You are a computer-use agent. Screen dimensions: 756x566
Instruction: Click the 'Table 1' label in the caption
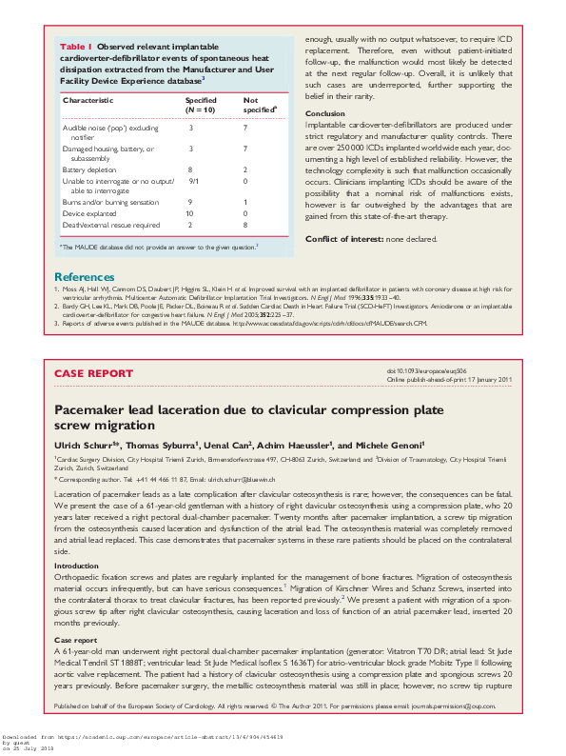76,46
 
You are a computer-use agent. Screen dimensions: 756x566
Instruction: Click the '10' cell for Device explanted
191,213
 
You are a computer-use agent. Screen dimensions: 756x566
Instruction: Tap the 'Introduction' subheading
79,539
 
